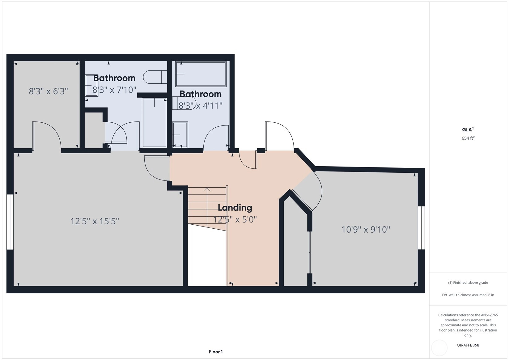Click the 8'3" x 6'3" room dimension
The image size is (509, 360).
pyautogui.click(x=48, y=91)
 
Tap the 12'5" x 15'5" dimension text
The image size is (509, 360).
pyautogui.click(x=95, y=221)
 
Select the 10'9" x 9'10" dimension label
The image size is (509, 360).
pyautogui.click(x=366, y=230)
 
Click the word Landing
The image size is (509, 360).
pyautogui.click(x=235, y=207)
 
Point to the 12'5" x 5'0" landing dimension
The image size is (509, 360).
pyautogui.click(x=235, y=219)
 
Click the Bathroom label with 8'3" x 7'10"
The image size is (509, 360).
pyautogui.click(x=114, y=78)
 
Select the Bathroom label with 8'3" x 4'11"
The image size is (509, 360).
pyautogui.click(x=201, y=94)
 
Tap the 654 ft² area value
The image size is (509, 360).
pyautogui.click(x=468, y=138)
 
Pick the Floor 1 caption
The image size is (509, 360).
pyautogui.click(x=216, y=352)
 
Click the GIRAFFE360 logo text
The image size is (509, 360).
pyautogui.click(x=468, y=345)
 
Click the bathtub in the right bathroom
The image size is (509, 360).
pyautogui.click(x=201, y=74)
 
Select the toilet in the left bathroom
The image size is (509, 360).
pyautogui.click(x=155, y=77)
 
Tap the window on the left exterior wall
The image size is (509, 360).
pyautogui.click(x=10, y=222)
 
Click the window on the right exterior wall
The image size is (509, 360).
pyautogui.click(x=421, y=228)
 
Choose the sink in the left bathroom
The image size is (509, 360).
pyautogui.click(x=91, y=86)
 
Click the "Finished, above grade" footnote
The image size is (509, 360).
pyautogui.click(x=468, y=282)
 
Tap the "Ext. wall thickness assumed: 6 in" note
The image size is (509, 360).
pyautogui.click(x=468, y=295)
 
